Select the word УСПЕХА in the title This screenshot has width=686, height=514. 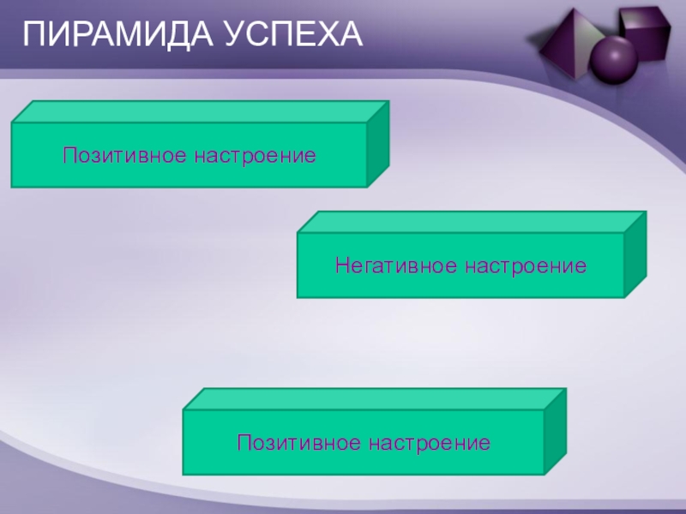[x=295, y=36]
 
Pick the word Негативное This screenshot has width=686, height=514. [x=396, y=266]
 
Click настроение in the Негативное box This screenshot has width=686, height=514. [x=526, y=266]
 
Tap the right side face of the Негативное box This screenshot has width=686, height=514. [x=635, y=254]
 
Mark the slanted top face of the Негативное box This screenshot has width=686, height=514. [x=472, y=222]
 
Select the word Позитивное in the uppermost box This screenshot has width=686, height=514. [x=125, y=155]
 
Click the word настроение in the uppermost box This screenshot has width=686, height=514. [x=255, y=155]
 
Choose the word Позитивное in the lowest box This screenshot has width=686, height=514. [x=299, y=443]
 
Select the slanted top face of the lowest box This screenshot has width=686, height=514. [x=375, y=399]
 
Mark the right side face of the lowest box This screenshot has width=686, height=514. [x=555, y=432]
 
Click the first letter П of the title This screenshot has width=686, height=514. [x=32, y=36]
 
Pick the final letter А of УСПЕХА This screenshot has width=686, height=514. [x=352, y=36]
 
